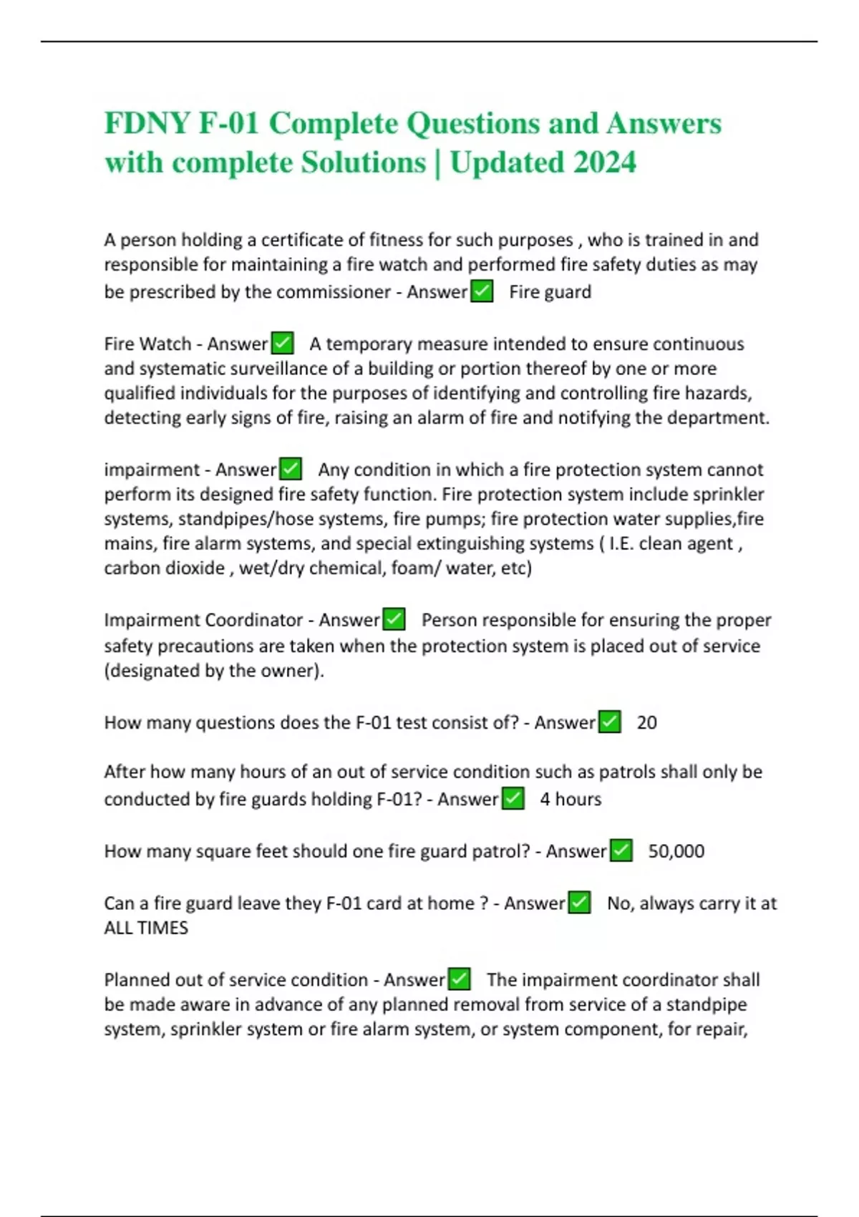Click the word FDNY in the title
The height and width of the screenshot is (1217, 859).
(x=147, y=123)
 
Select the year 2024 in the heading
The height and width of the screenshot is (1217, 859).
(x=605, y=163)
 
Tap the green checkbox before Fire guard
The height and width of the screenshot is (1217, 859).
(x=482, y=291)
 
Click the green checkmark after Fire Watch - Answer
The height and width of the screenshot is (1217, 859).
(x=283, y=344)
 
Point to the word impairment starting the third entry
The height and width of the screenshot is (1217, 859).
(x=151, y=470)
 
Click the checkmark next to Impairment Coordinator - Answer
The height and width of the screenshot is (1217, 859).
(x=394, y=619)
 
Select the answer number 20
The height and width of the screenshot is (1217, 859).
(x=646, y=722)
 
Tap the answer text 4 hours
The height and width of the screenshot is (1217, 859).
(x=571, y=799)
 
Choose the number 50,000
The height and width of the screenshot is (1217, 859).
(x=676, y=851)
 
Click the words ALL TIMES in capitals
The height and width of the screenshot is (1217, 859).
(x=146, y=928)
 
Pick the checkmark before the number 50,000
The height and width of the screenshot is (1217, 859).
(x=621, y=850)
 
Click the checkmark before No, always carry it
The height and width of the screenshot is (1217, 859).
(x=579, y=903)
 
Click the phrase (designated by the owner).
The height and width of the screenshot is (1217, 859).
(x=214, y=671)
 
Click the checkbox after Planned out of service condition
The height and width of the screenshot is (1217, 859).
(x=459, y=979)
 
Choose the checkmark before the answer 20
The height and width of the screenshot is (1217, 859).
(x=609, y=722)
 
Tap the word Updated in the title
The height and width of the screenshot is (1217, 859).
(x=507, y=163)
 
